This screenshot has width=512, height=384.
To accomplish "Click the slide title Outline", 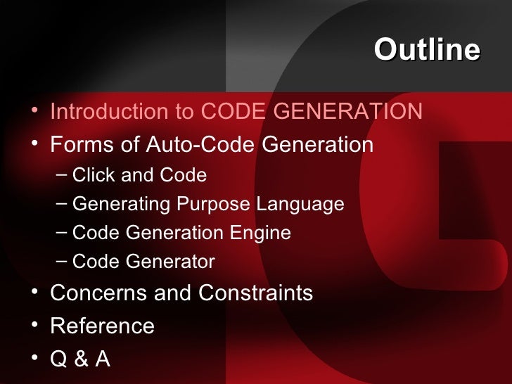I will (x=427, y=51).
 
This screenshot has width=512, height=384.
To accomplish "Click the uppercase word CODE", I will (x=226, y=112).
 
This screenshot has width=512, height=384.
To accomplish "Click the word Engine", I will (x=264, y=233).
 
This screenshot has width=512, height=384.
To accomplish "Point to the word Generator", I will (x=171, y=262).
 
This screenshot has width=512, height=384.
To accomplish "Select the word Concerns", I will (x=89, y=293).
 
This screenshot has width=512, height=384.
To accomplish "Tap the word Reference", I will (x=103, y=326).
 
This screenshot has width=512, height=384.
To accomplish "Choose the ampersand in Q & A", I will (x=82, y=359).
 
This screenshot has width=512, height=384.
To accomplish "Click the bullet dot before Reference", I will (x=36, y=326).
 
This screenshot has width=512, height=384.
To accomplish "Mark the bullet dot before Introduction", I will (x=36, y=111).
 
